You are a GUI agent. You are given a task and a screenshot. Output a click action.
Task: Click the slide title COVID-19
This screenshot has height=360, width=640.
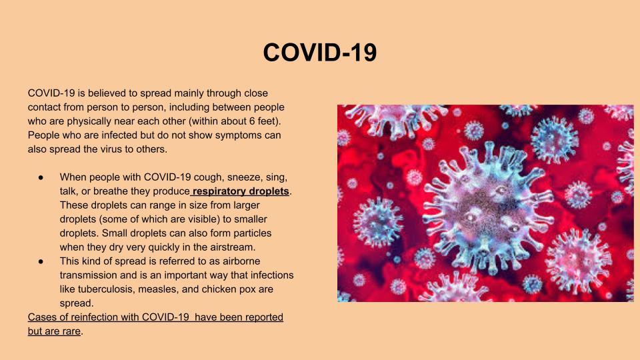[319, 52]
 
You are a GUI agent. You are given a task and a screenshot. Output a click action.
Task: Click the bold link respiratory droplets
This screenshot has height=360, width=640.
[241, 191]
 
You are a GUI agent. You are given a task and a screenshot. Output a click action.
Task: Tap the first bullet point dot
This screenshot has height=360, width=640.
[41, 177]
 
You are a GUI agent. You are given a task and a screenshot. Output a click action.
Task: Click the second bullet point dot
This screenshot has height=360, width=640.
[41, 261]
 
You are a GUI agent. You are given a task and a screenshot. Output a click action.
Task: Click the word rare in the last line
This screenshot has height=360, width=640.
[71, 331]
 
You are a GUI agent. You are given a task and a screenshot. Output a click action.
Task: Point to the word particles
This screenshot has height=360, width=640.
[252, 233]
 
